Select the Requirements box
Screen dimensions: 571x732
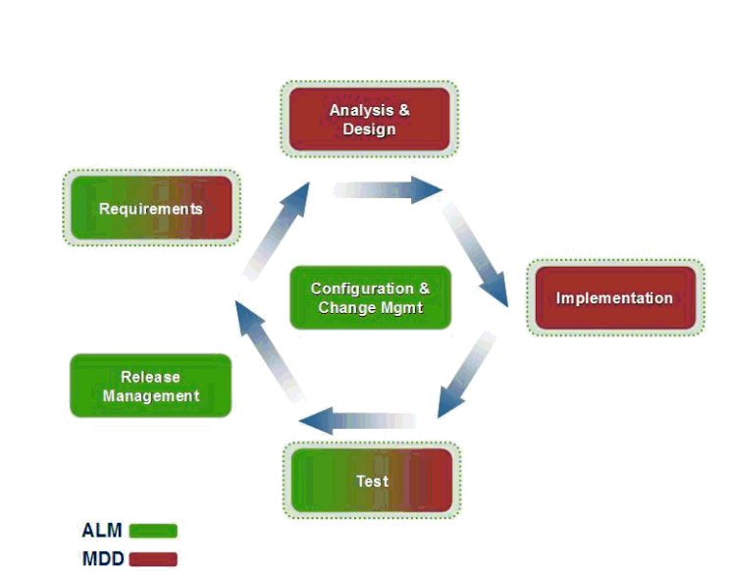(x=151, y=208)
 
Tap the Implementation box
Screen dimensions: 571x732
(x=614, y=298)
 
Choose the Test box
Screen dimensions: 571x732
(x=372, y=481)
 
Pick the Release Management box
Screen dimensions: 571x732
(x=151, y=387)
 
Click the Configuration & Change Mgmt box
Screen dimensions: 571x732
(x=370, y=298)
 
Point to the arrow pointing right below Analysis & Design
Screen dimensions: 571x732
(x=389, y=190)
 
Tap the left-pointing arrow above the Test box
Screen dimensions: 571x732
(x=357, y=422)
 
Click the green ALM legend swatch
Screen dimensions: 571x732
(x=153, y=531)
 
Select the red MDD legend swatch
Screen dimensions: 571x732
(x=153, y=559)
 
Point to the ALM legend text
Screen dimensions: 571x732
(x=102, y=531)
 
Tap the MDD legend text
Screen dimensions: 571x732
(x=102, y=559)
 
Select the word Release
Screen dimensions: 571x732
(x=150, y=377)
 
